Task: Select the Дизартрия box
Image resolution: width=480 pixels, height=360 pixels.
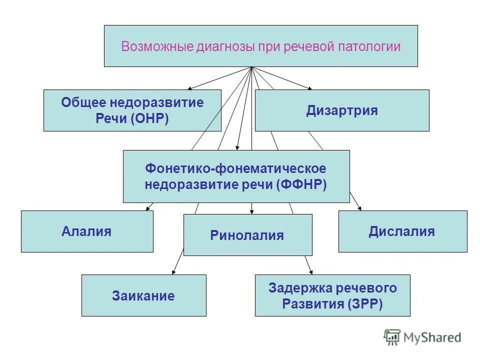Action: point(342,110)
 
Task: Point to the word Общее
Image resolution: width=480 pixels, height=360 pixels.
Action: point(83,103)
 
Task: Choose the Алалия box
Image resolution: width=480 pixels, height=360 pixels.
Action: point(86,231)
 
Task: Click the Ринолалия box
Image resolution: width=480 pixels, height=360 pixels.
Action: point(247,235)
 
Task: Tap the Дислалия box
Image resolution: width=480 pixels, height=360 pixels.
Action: point(402,231)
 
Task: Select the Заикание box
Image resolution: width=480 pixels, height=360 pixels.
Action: point(143,295)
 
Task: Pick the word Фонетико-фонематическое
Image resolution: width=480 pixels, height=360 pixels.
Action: point(235,168)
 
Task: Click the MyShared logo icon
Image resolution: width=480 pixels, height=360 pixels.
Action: point(392,337)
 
